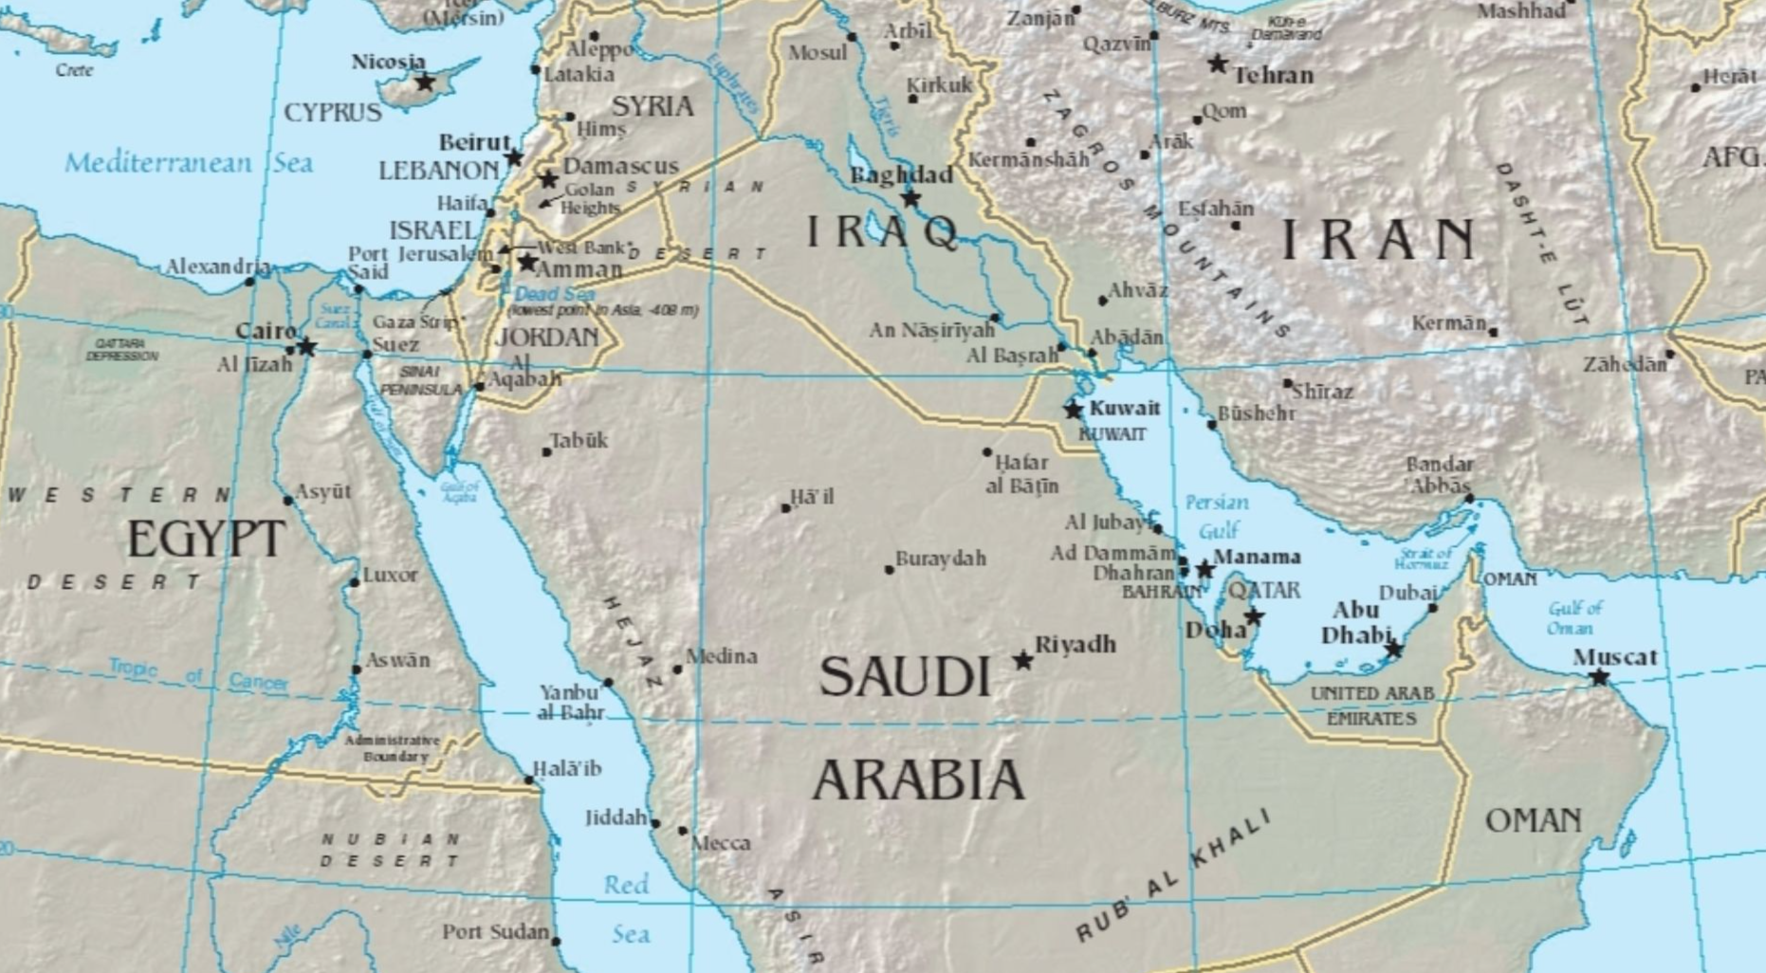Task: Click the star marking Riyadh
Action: [1022, 660]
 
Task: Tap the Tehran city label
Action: [1274, 75]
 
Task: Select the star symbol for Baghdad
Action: [911, 198]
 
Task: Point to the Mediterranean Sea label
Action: [188, 163]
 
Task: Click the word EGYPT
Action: [206, 540]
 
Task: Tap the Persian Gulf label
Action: [1217, 516]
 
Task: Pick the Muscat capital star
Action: [1599, 677]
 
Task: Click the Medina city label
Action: [722, 655]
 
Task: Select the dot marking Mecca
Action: [683, 831]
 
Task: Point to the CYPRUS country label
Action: [333, 113]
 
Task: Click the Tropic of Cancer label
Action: [197, 674]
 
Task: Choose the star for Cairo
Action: [306, 347]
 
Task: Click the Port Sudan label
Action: [495, 932]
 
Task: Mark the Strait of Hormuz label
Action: [1426, 559]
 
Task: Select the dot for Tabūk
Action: [546, 451]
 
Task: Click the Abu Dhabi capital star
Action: [1393, 650]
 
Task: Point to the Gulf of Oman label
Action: [1575, 617]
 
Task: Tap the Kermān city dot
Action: [1493, 332]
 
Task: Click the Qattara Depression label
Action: [121, 349]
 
